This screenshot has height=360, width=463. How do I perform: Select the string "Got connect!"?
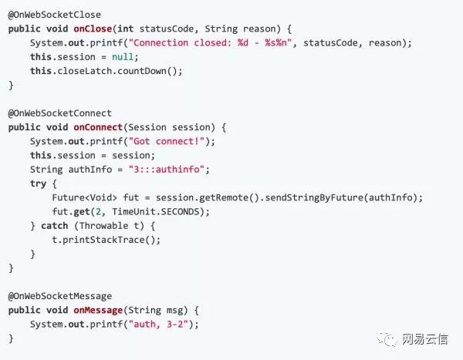[x=164, y=141]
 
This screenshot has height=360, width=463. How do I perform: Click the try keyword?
[x=38, y=183]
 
